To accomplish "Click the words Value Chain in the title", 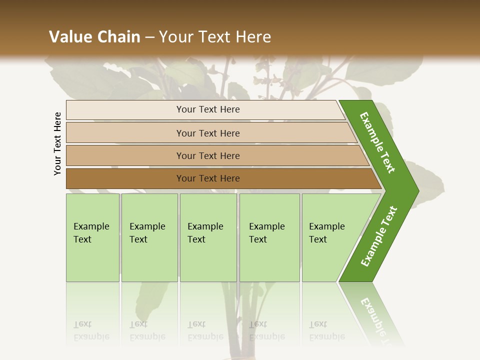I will [94, 36].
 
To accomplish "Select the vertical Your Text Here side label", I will [57, 143].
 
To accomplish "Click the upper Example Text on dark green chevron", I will [377, 142].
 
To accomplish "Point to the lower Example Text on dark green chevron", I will [378, 236].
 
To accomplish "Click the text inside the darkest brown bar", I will [208, 178].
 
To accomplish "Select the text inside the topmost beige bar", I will [208, 109].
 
